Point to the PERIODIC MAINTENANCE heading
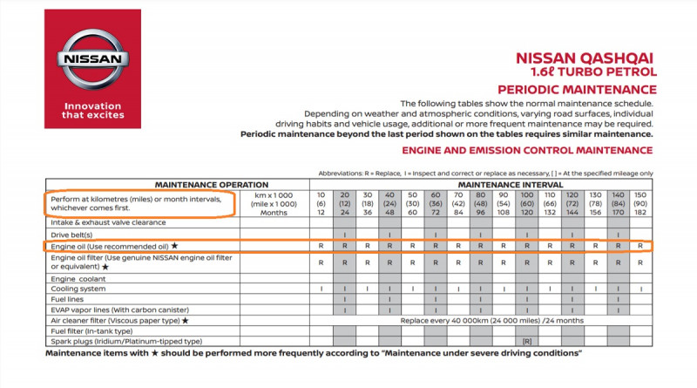click(x=577, y=89)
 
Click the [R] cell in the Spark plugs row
click(x=526, y=341)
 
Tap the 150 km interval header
click(x=640, y=194)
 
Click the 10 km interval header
click(x=322, y=194)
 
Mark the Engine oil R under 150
click(x=640, y=247)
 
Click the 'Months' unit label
click(x=273, y=212)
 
